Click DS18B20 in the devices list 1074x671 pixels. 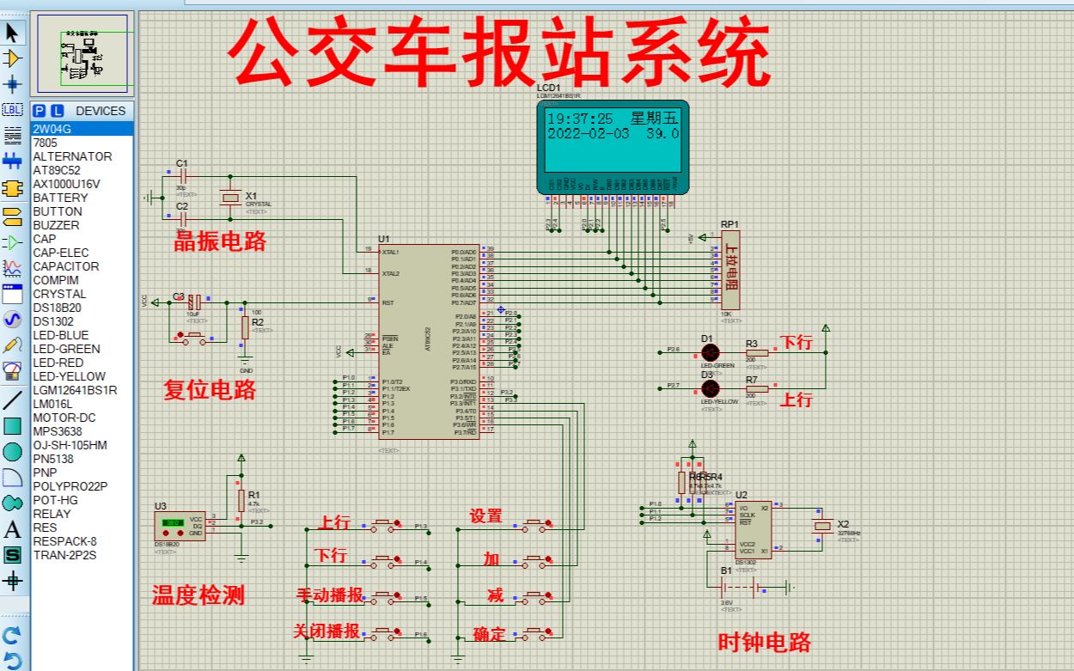pyautogui.click(x=57, y=308)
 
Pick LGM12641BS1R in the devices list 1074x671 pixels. pyautogui.click(x=75, y=390)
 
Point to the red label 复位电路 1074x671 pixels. pyautogui.click(x=210, y=389)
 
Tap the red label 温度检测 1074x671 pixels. pyautogui.click(x=198, y=595)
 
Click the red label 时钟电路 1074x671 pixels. pyautogui.click(x=765, y=642)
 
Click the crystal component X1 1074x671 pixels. pyautogui.click(x=229, y=198)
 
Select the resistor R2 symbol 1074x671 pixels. pyautogui.click(x=245, y=326)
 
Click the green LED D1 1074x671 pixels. pyautogui.click(x=710, y=352)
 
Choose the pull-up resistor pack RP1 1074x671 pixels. pyautogui.click(x=730, y=270)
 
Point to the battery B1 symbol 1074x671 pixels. pyautogui.click(x=739, y=588)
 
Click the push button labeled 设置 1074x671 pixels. pyautogui.click(x=538, y=522)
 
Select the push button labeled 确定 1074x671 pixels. pyautogui.click(x=538, y=634)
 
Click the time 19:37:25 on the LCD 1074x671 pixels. pyautogui.click(x=581, y=119)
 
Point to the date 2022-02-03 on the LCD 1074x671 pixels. pyautogui.click(x=589, y=134)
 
